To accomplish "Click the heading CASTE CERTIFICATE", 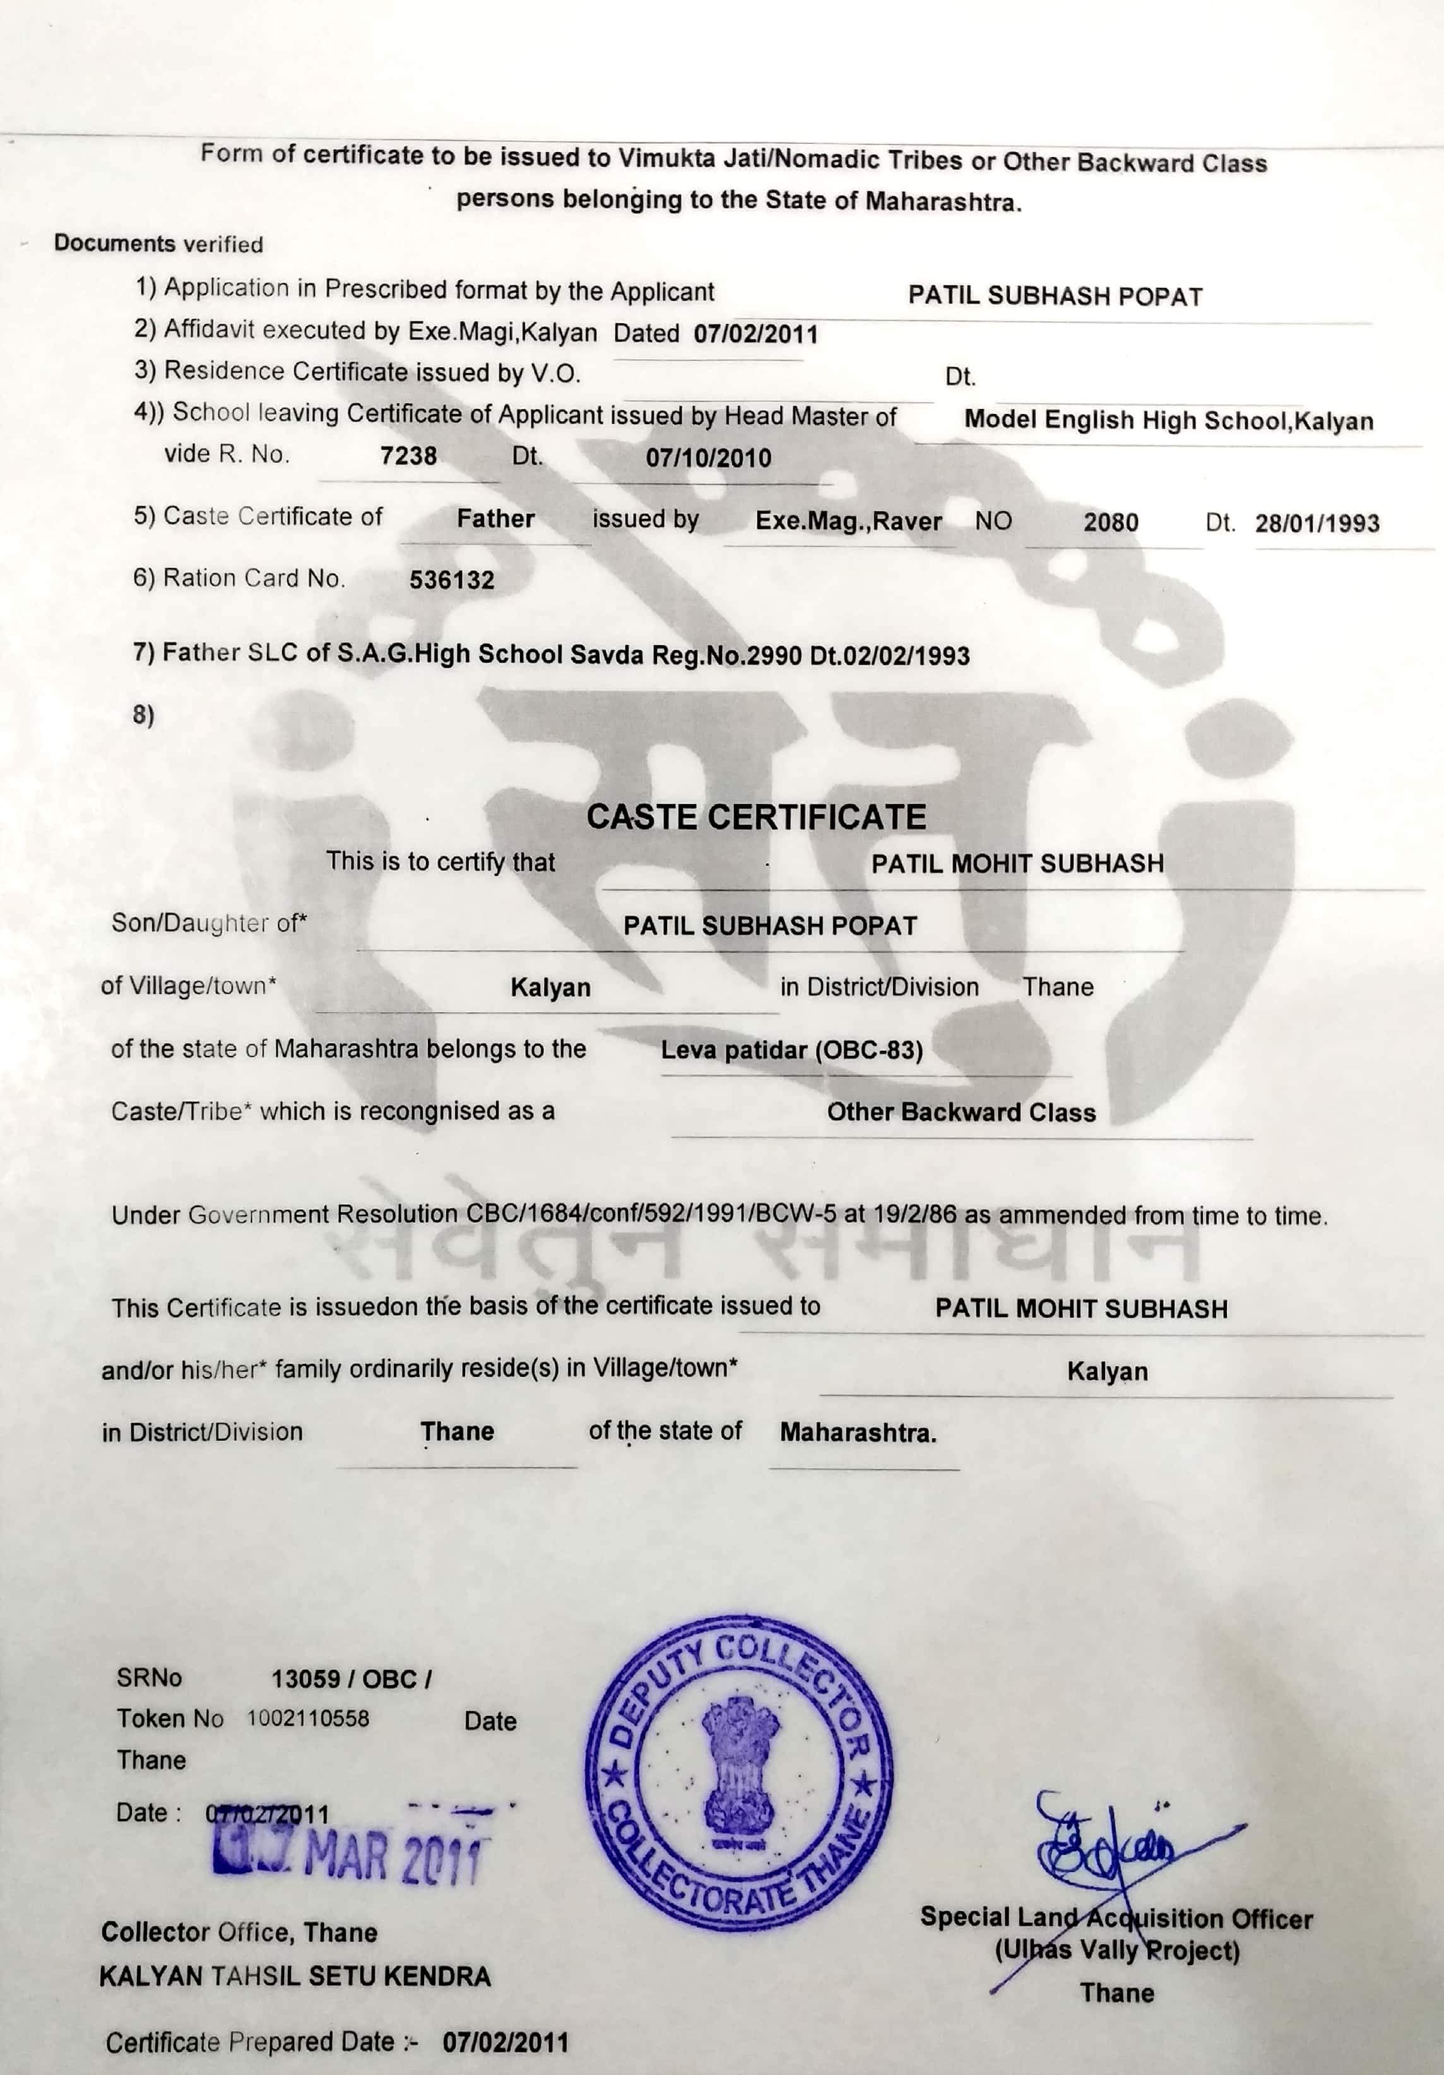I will click(756, 817).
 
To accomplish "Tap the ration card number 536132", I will click(452, 579).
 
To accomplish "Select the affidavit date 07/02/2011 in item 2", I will click(755, 334).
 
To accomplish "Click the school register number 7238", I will click(408, 456).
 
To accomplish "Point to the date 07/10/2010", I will click(709, 458).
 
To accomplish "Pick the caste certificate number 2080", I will click(1111, 523).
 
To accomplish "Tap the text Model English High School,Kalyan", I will click(1168, 420).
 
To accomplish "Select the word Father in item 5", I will click(495, 519).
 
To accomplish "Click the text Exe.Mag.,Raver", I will click(848, 521).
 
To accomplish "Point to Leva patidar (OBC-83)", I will click(791, 1050).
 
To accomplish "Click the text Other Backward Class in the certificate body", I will click(961, 1113).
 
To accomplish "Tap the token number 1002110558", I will click(308, 1718).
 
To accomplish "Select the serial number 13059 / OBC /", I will click(352, 1679).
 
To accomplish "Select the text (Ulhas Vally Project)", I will click(1117, 1951).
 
